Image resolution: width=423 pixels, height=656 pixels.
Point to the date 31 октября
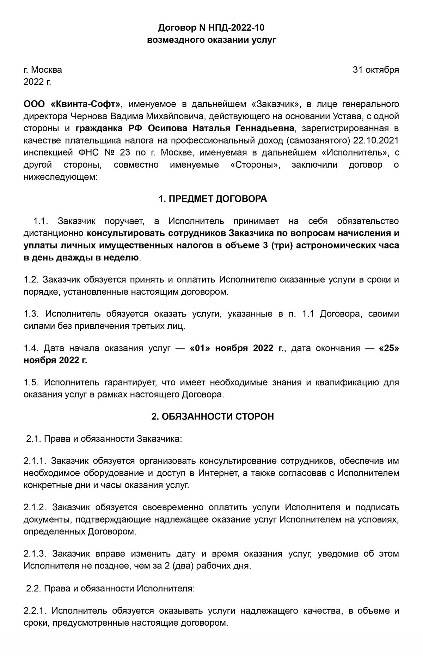pyautogui.click(x=376, y=70)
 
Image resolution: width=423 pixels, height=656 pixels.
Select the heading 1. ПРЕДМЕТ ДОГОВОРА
pyautogui.click(x=213, y=199)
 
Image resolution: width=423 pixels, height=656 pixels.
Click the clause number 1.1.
pyautogui.click(x=41, y=221)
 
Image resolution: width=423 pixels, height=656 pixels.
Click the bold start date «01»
pyautogui.click(x=201, y=348)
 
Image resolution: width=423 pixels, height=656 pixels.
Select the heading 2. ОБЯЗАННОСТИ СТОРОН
pyautogui.click(x=213, y=416)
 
